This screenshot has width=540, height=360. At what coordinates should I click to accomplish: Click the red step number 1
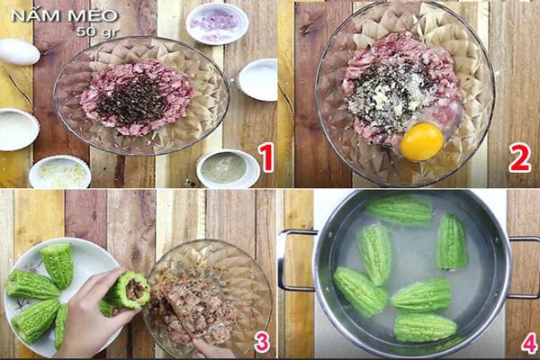pos(265,158)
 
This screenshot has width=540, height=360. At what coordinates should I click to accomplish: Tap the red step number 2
pos(519,158)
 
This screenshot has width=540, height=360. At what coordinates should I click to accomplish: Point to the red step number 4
pos(529,343)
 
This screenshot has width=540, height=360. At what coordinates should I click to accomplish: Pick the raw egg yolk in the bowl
pos(421,141)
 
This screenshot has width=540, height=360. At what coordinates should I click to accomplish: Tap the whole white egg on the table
pos(18,52)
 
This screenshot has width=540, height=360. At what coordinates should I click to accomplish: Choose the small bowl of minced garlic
pos(59,173)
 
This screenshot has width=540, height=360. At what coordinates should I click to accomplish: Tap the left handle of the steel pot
pos(294,260)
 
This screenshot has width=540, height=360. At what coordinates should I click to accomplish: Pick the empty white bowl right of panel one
pos(258,79)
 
